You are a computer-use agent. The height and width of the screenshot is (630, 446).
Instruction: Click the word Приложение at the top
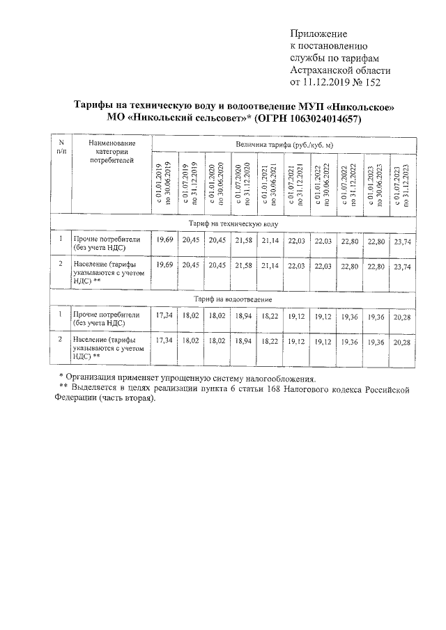click(x=318, y=33)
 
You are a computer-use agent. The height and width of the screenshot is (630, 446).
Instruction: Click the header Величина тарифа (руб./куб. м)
click(x=284, y=143)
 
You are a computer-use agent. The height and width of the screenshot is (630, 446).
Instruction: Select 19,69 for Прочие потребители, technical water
click(x=164, y=240)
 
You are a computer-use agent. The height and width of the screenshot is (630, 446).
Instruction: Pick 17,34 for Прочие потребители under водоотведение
click(x=164, y=315)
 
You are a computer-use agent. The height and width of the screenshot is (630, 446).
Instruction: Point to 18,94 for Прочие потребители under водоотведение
click(x=243, y=315)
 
